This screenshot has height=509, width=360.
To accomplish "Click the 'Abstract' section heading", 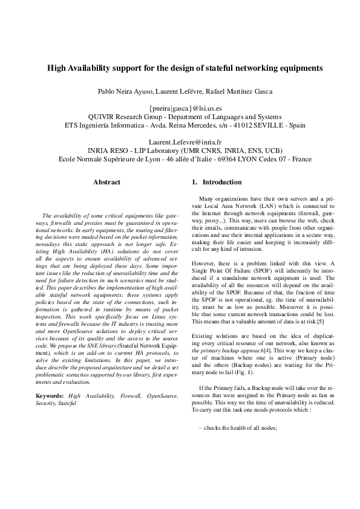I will point(106,182).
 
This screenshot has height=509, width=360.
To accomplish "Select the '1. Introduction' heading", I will point(217,182).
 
